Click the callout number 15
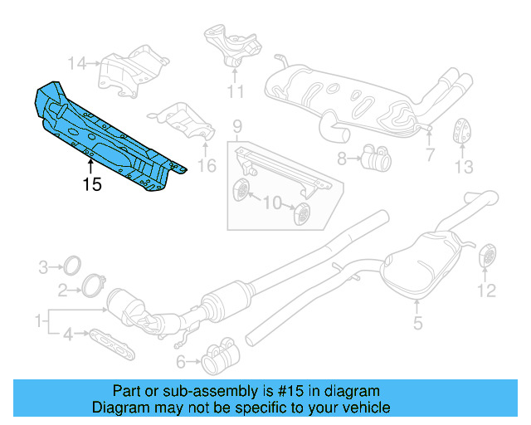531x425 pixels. tap(92, 183)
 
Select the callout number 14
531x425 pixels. tap(77, 62)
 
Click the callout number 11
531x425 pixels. tap(236, 90)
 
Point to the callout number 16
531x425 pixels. tap(207, 166)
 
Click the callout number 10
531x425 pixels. tap(270, 202)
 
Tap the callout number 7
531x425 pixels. tap(430, 154)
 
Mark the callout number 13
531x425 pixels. tap(463, 166)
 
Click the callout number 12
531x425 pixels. tap(486, 290)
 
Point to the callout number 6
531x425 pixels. tap(181, 361)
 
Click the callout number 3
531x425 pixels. tap(44, 267)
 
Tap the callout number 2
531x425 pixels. tap(63, 290)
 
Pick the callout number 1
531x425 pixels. tap(37, 320)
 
